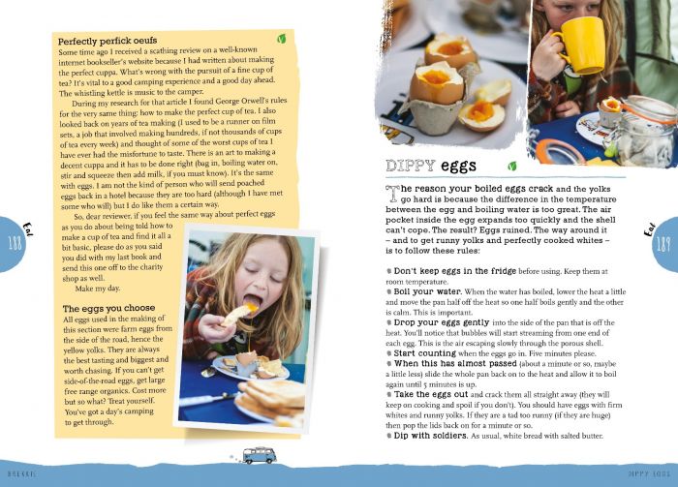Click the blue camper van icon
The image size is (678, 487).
point(260,454)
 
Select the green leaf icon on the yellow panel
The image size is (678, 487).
point(281,40)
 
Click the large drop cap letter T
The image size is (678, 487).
point(392,191)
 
